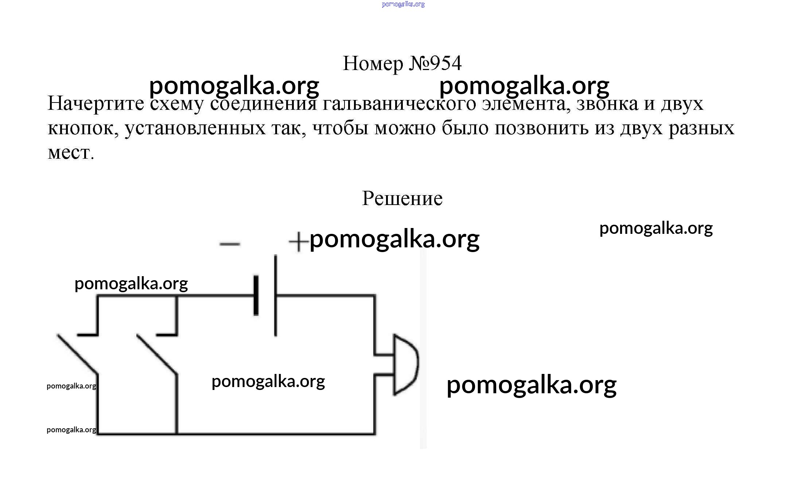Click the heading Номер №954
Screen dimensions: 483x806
click(x=402, y=63)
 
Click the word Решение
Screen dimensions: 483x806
click(x=402, y=199)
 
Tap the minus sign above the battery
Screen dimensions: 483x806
click(x=230, y=244)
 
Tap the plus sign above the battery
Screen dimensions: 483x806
click(x=298, y=241)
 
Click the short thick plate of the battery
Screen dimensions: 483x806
click(x=256, y=295)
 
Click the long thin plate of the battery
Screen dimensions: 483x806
click(x=275, y=295)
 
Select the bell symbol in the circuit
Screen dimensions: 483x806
click(x=405, y=364)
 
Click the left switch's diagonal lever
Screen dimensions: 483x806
click(x=77, y=354)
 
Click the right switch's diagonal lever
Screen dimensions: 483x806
click(x=157, y=354)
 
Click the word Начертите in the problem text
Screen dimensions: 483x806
click(x=96, y=104)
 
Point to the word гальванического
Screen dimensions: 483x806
click(x=399, y=104)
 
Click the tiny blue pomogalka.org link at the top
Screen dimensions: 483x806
click(x=403, y=4)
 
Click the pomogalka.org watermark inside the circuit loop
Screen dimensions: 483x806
click(x=268, y=382)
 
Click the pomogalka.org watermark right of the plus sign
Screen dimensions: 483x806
click(x=394, y=239)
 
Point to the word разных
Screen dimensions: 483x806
click(x=701, y=128)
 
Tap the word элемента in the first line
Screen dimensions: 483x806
click(x=525, y=104)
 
